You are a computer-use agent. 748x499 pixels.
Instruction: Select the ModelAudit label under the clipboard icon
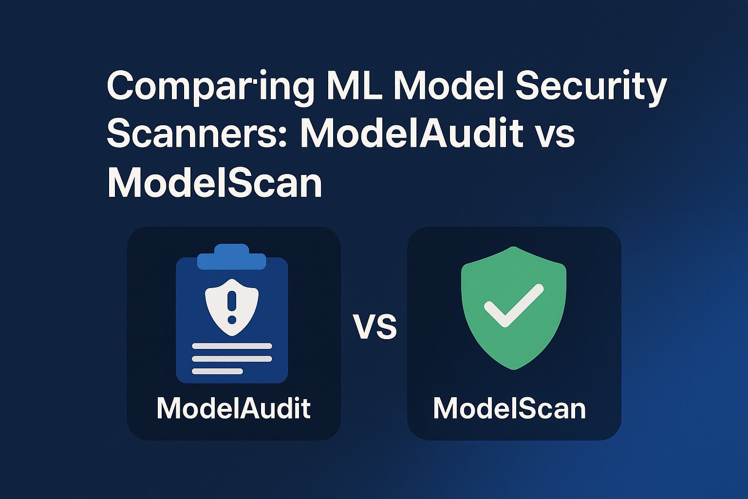pos(234,408)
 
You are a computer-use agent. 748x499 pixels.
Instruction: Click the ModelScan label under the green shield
pos(509,408)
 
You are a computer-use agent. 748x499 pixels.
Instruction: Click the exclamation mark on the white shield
pos(232,306)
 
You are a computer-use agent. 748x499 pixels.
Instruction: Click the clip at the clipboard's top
pos(231,257)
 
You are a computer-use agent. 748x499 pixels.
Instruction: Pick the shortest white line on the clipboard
pos(217,371)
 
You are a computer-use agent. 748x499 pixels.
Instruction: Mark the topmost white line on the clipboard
pos(232,346)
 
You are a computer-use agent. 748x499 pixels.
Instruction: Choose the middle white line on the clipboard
pos(232,359)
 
